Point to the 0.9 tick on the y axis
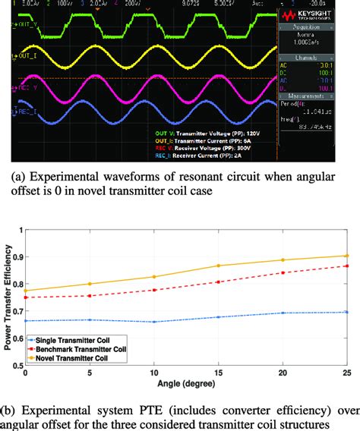pos(16,255)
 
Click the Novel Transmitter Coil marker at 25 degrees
pos(347,256)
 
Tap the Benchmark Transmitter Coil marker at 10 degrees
pos(154,290)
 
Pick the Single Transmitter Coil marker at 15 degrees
pos(219,316)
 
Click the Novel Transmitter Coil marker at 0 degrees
pos(26,291)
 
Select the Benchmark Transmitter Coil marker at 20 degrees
pos(283,272)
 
